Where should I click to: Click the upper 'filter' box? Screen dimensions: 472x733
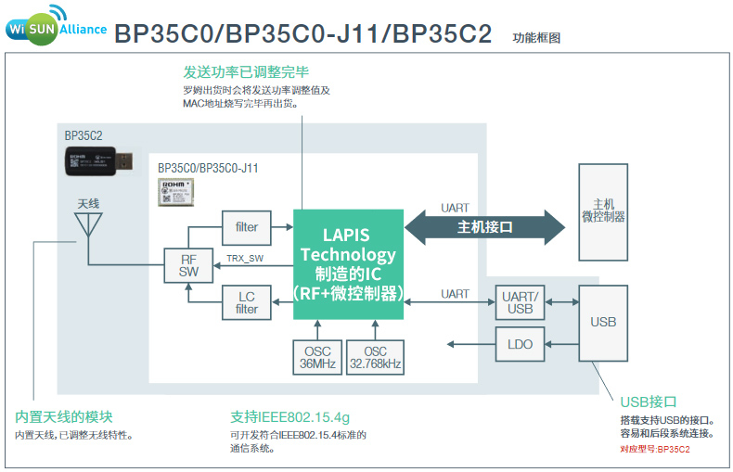246,227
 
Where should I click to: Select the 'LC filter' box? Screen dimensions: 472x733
246,302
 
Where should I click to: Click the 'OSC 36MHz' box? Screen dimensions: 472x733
317,358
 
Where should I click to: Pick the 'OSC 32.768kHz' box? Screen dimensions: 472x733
375,358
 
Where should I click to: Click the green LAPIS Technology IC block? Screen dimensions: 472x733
348,264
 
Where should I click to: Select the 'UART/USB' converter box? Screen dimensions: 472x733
520,302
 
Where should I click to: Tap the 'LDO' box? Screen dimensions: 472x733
520,344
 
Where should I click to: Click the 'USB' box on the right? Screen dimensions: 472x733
603,322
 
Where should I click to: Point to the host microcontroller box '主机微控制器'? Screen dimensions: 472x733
603,211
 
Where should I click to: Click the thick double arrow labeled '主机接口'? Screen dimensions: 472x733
484,227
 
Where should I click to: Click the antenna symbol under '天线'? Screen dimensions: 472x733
88,225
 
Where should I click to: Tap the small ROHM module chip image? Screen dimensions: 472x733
175,191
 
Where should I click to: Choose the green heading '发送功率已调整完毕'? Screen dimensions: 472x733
246,71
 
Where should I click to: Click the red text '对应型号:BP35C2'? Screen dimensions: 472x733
654,449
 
